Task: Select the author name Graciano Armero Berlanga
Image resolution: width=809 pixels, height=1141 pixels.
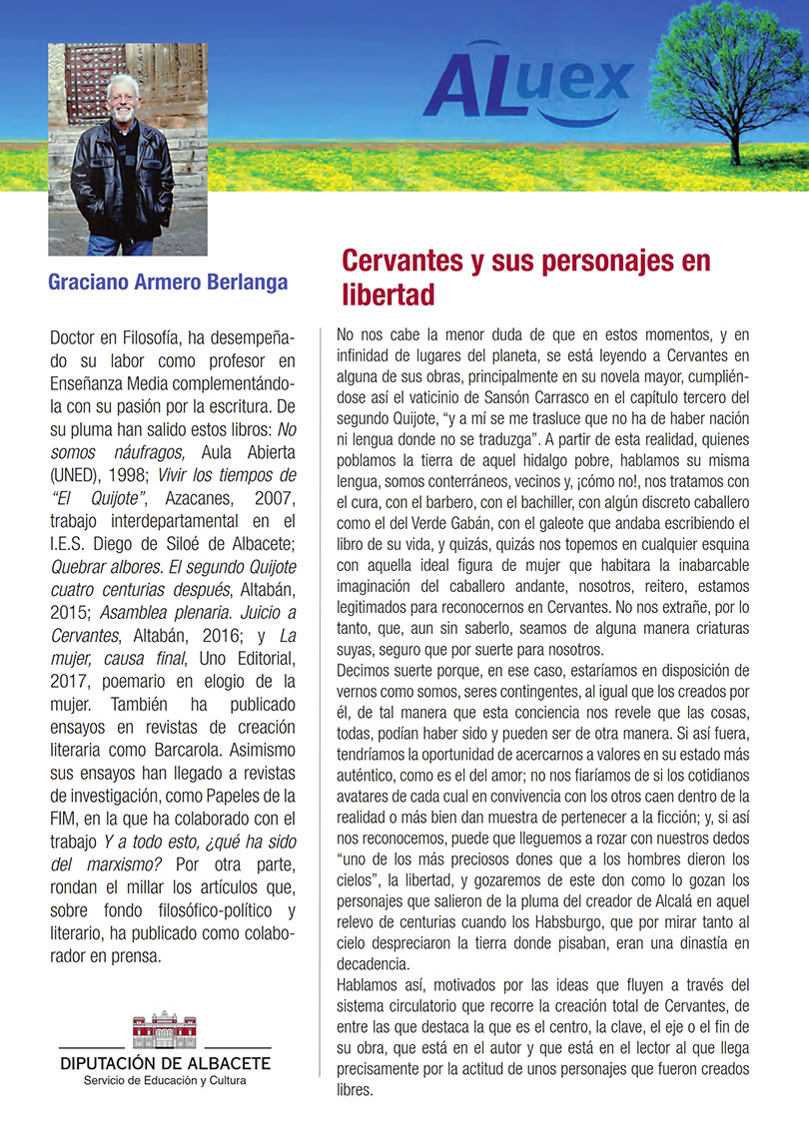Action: tap(168, 283)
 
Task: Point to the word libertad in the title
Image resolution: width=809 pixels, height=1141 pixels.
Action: tap(389, 296)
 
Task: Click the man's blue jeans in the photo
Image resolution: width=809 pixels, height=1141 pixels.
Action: tap(121, 245)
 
